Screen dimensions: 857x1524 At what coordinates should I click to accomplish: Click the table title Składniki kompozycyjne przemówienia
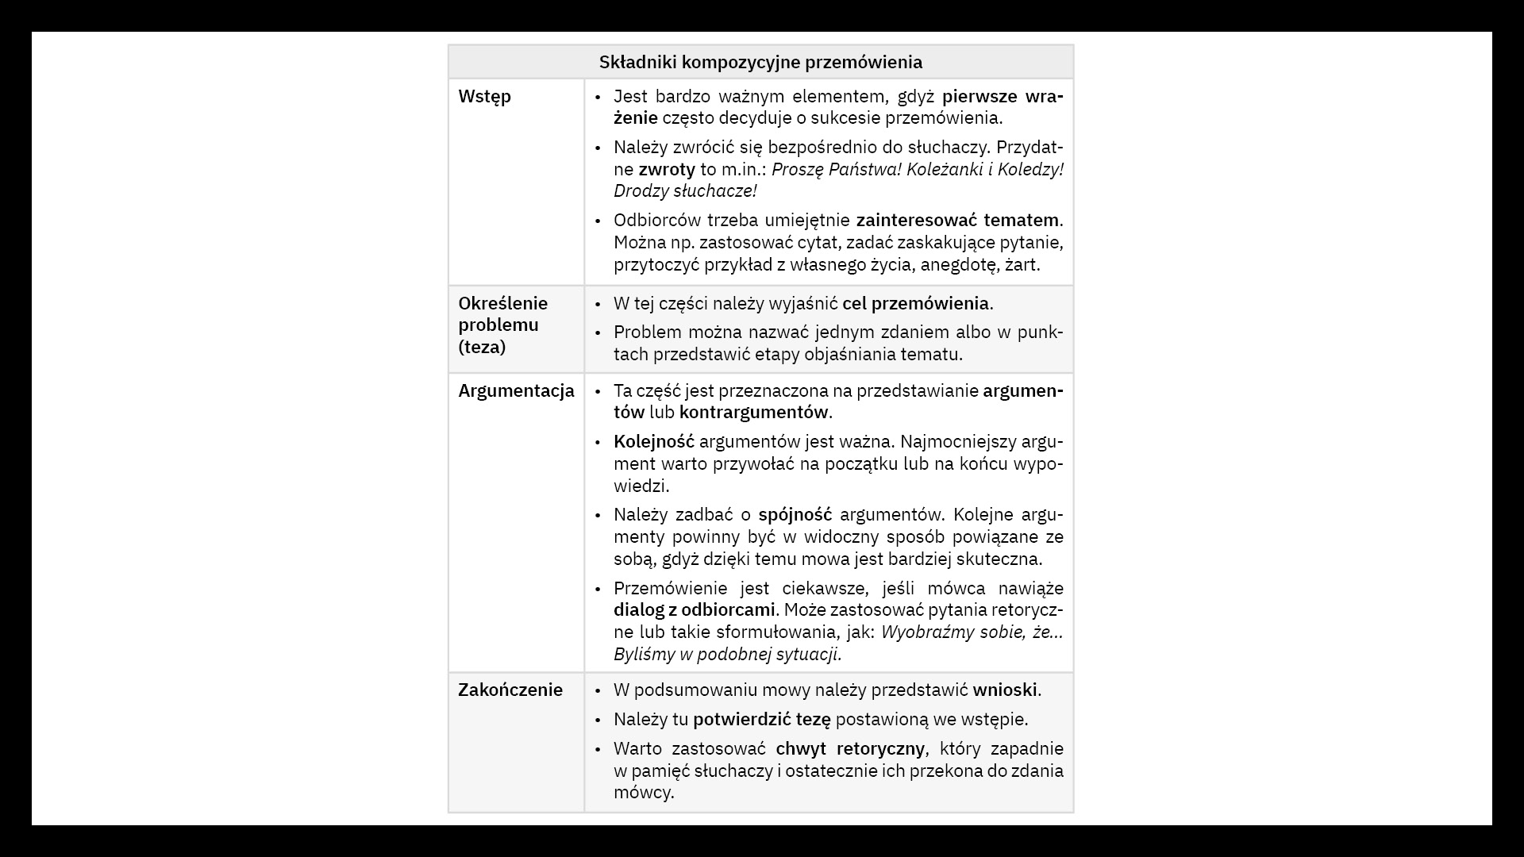(x=760, y=62)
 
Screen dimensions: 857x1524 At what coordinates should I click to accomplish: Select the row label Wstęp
(x=484, y=97)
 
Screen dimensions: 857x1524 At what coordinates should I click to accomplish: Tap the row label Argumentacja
(x=516, y=391)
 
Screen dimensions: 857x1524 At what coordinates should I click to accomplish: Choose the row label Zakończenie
(x=510, y=690)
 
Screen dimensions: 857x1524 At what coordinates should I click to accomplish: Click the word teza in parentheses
(x=482, y=348)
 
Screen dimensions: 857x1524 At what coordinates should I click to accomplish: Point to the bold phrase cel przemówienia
(x=915, y=304)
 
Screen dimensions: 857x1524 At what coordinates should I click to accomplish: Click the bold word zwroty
(x=666, y=170)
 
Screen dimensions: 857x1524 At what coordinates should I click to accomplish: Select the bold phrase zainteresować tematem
(x=957, y=221)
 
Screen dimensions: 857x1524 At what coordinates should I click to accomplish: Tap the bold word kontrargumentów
(x=753, y=413)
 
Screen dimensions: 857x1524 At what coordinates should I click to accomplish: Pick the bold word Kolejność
(x=653, y=442)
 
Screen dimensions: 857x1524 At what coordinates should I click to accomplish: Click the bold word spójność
(x=795, y=515)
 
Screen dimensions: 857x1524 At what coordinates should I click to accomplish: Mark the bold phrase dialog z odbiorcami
(x=694, y=610)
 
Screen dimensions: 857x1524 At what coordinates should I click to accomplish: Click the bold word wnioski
(x=1005, y=690)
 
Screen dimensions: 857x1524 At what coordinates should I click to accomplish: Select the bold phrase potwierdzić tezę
(x=761, y=720)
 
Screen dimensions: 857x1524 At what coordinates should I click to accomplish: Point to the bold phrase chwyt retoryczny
(x=849, y=749)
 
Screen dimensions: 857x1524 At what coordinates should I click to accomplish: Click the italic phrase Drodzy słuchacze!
(x=684, y=191)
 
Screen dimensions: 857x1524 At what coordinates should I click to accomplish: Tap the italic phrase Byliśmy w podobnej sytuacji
(x=727, y=655)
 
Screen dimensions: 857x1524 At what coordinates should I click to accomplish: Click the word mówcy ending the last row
(x=643, y=793)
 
